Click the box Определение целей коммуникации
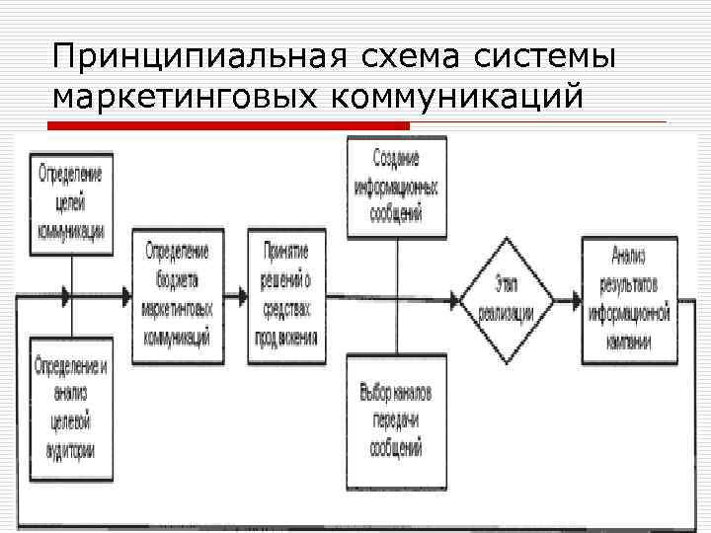[x=70, y=202]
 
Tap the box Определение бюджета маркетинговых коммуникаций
[x=182, y=294]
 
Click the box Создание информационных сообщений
[x=396, y=187]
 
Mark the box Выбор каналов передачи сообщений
[x=396, y=419]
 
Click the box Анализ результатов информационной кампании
[x=628, y=293]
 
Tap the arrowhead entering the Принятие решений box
[x=243, y=296]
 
